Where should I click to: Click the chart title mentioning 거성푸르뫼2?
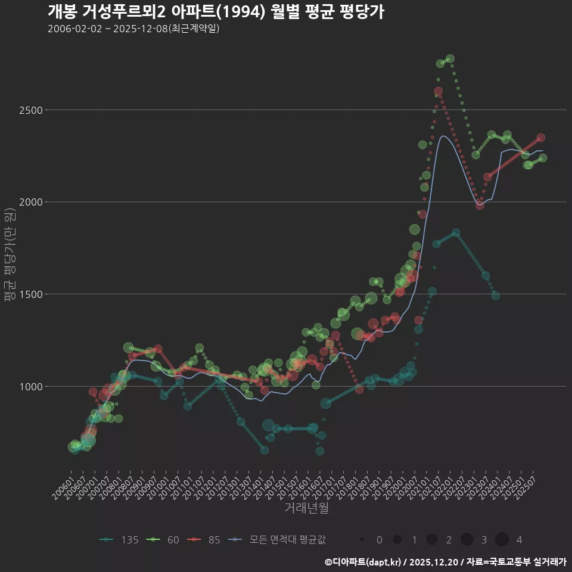216,12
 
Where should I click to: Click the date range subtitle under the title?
133,29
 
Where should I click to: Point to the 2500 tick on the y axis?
29,110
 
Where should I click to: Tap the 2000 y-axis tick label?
29,202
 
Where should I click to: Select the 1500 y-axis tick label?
29,294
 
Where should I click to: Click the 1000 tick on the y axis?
29,386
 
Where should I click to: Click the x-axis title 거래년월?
306,508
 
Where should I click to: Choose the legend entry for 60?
165,540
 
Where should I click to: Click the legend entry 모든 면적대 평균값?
277,540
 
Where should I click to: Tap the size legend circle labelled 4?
502,540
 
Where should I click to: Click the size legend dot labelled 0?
362,540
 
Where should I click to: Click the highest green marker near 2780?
450,58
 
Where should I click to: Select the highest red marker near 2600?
438,91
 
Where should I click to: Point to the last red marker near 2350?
541,138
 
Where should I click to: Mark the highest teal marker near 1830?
456,233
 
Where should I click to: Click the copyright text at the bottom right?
445,562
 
